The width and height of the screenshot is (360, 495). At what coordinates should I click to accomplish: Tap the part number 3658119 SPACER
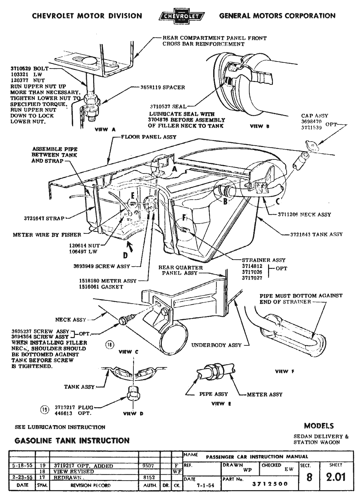pyautogui.click(x=163, y=87)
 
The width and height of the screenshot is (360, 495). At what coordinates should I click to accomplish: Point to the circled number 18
pyautogui.click(x=109, y=345)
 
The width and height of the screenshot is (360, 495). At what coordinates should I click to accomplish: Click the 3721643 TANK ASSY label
pyautogui.click(x=316, y=234)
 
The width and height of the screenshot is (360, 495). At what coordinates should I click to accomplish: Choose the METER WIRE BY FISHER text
pyautogui.click(x=47, y=235)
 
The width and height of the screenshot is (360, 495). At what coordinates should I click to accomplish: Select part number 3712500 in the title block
pyautogui.click(x=270, y=484)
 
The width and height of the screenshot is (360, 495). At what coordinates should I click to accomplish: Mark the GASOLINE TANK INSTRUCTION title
pyautogui.click(x=72, y=440)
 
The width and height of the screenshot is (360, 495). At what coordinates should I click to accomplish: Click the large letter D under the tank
pyautogui.click(x=125, y=255)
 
